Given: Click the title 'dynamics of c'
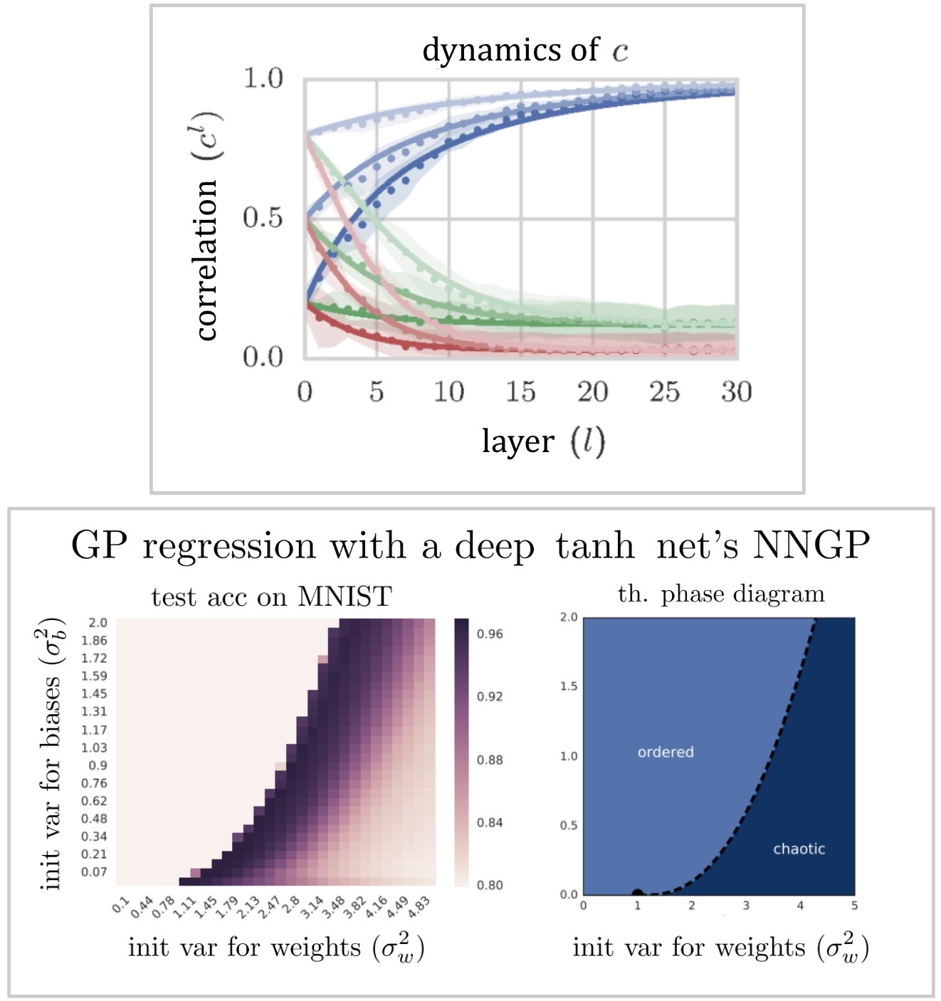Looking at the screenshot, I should point(525,50).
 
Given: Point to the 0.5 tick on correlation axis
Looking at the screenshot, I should point(263,218).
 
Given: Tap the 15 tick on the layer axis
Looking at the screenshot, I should point(520,392).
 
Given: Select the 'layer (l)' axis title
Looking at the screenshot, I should point(543,441).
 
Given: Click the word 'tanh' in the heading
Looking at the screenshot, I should point(595,546).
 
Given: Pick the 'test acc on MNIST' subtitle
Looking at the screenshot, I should point(271,597).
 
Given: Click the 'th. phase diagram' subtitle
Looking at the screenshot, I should point(720,594).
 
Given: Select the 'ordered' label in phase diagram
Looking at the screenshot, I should point(665,752).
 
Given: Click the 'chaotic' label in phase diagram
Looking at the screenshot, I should point(799,849).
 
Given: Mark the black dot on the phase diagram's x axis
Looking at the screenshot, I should point(637,893).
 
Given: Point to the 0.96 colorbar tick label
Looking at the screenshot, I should point(490,634).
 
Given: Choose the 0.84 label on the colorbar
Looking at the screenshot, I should point(490,822).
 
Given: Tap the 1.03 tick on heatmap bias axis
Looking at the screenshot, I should point(94,748).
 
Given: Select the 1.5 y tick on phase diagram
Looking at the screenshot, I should point(568,686).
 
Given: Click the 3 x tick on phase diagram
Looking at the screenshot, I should point(746,906).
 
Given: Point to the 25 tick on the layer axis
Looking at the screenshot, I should point(664,392).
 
